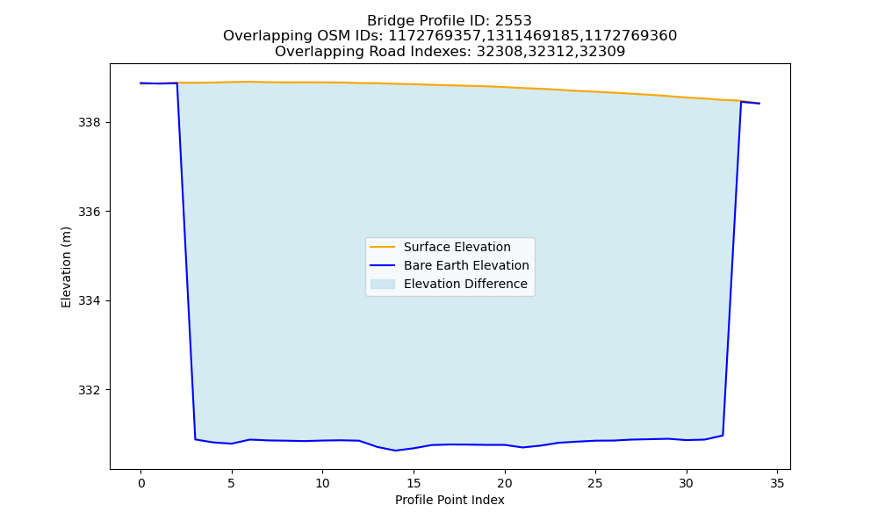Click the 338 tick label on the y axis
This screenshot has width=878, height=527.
pyautogui.click(x=90, y=123)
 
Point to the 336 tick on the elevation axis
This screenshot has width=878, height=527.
pyautogui.click(x=90, y=212)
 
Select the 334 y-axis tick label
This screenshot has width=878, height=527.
pyautogui.click(x=90, y=300)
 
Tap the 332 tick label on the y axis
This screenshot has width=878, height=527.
pyautogui.click(x=90, y=390)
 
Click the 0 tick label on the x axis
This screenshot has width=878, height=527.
pyautogui.click(x=141, y=483)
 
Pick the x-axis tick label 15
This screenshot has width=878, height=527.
pyautogui.click(x=414, y=483)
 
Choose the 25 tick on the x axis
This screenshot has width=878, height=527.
pyautogui.click(x=595, y=483)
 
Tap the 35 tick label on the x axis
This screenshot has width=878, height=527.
pyautogui.click(x=777, y=483)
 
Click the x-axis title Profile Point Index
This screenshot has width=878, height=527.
pyautogui.click(x=450, y=500)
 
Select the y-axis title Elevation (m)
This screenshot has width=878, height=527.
pyautogui.click(x=66, y=267)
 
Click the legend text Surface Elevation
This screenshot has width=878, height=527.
pyautogui.click(x=457, y=247)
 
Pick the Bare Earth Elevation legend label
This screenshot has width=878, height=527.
pyautogui.click(x=466, y=265)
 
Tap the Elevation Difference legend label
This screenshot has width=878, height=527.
pyautogui.click(x=465, y=284)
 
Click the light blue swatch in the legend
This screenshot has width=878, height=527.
pyautogui.click(x=383, y=284)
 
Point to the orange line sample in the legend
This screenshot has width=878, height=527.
pyautogui.click(x=383, y=247)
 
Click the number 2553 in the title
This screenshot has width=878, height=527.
pyautogui.click(x=513, y=21)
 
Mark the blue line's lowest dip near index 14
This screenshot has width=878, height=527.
pyautogui.click(x=395, y=451)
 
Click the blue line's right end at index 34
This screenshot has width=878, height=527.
pyautogui.click(x=759, y=104)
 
